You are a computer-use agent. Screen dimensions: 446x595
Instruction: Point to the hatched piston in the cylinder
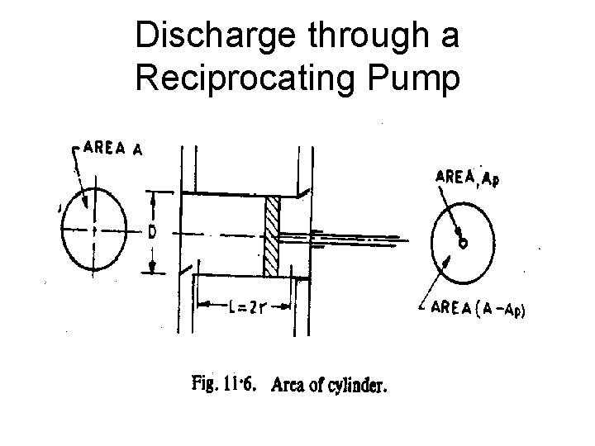pos(272,237)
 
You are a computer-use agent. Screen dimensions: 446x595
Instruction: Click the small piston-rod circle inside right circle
pos(463,243)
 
